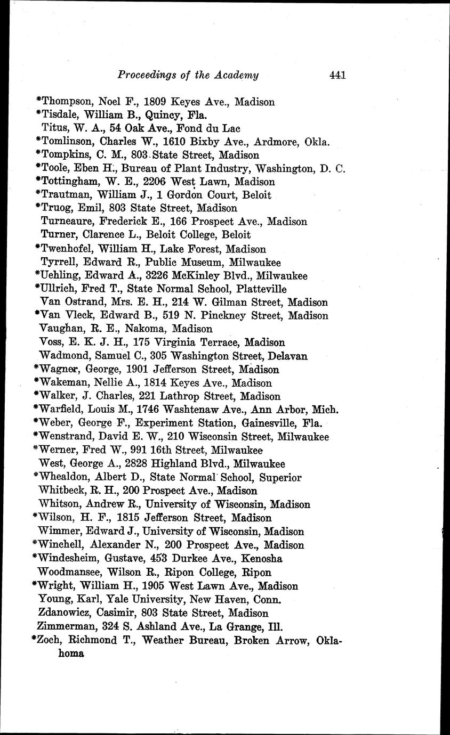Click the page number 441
click(338, 75)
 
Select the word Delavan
click(288, 356)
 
